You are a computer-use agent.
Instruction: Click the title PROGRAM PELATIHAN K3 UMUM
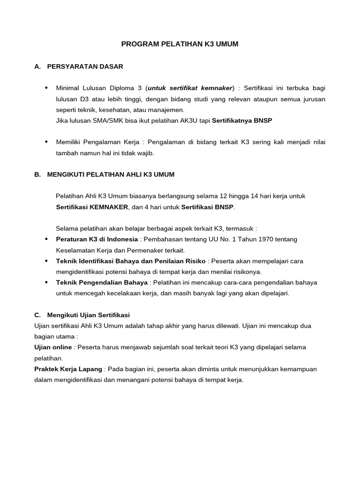pyautogui.click(x=180, y=45)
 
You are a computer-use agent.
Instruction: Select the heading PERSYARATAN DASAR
pyautogui.click(x=85, y=67)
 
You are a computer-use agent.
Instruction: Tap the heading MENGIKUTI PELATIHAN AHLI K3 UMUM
pyautogui.click(x=111, y=174)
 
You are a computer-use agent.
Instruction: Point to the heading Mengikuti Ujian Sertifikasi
pyautogui.click(x=88, y=315)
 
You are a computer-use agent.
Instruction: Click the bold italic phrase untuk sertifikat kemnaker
pyautogui.click(x=190, y=88)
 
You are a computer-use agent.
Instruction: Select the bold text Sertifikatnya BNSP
pyautogui.click(x=242, y=120)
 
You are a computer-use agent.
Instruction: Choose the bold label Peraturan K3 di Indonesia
pyautogui.click(x=97, y=240)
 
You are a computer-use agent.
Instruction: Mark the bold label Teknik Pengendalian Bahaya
pyautogui.click(x=102, y=283)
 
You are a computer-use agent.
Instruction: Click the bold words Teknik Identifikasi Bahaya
pyautogui.click(x=97, y=261)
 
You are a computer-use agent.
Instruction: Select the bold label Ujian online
pyautogui.click(x=53, y=347)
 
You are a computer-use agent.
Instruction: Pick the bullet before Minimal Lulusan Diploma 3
pyautogui.click(x=46, y=88)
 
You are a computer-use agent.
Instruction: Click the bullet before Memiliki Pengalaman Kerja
pyautogui.click(x=46, y=142)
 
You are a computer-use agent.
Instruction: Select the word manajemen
pyautogui.click(x=166, y=110)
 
